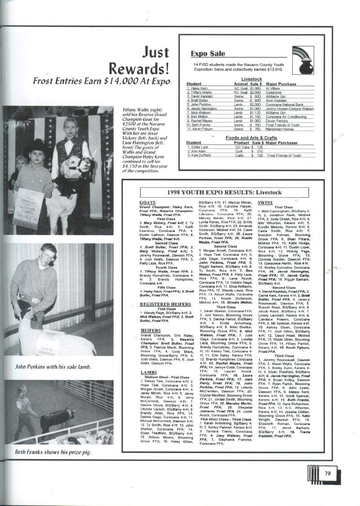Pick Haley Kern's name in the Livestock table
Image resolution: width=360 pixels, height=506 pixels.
197,88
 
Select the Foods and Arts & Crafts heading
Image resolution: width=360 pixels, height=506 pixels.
251,137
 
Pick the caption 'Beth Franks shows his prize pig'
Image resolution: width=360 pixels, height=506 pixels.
53,452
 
